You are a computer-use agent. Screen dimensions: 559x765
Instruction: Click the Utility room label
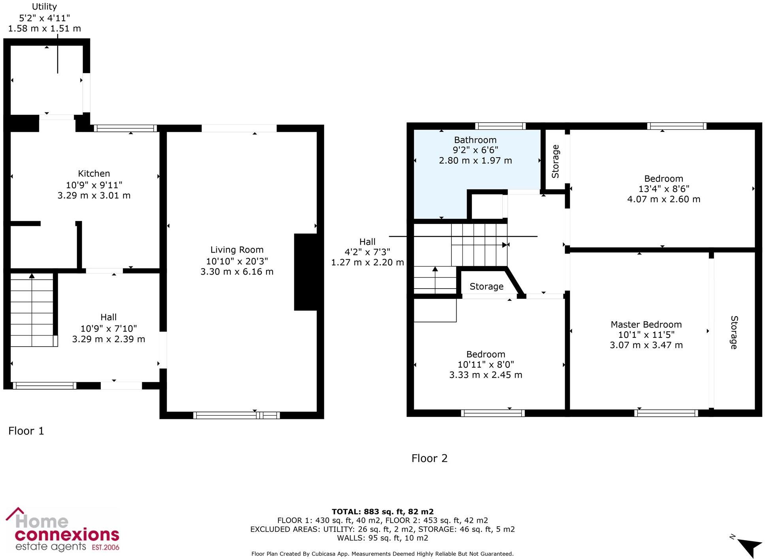[x=44, y=7]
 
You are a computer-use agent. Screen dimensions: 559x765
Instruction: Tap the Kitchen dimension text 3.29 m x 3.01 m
[x=94, y=195]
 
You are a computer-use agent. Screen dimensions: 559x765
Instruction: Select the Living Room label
[x=237, y=249]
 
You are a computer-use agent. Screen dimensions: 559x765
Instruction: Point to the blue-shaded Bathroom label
[x=475, y=140]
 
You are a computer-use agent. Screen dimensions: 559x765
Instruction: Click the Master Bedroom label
[x=646, y=325]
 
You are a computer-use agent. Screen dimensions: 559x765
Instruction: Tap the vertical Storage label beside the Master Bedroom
[x=734, y=332]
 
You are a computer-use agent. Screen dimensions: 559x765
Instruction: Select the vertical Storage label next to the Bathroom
[x=555, y=161]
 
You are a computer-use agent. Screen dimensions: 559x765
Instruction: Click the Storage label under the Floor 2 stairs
[x=486, y=287]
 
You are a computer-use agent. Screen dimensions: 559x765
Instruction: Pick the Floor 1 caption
[x=26, y=431]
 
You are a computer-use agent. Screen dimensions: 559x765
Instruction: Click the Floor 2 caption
[x=429, y=458]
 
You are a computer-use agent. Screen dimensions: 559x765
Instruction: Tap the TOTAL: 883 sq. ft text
[x=382, y=512]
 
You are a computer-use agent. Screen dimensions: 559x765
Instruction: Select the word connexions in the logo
[x=67, y=535]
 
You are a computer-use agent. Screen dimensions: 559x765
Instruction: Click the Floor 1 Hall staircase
[x=32, y=310]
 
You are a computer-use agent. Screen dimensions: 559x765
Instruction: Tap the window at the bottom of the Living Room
[x=236, y=415]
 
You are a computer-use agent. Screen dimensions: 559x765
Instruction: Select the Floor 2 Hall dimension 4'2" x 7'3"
[x=367, y=252]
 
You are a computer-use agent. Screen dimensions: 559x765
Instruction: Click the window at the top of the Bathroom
[x=500, y=126]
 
